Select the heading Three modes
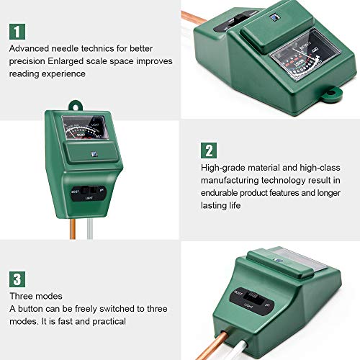(35, 296)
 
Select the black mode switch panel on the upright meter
(86, 192)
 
